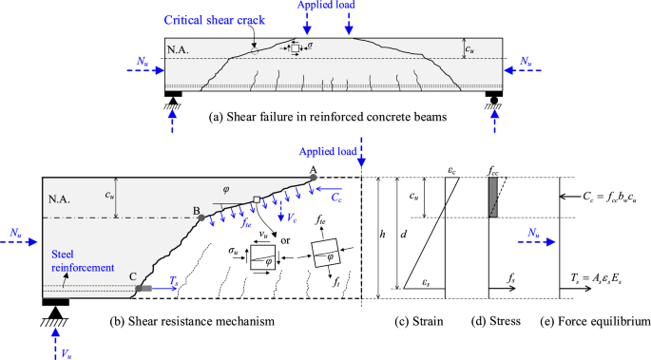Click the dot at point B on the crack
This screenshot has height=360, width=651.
201,218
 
